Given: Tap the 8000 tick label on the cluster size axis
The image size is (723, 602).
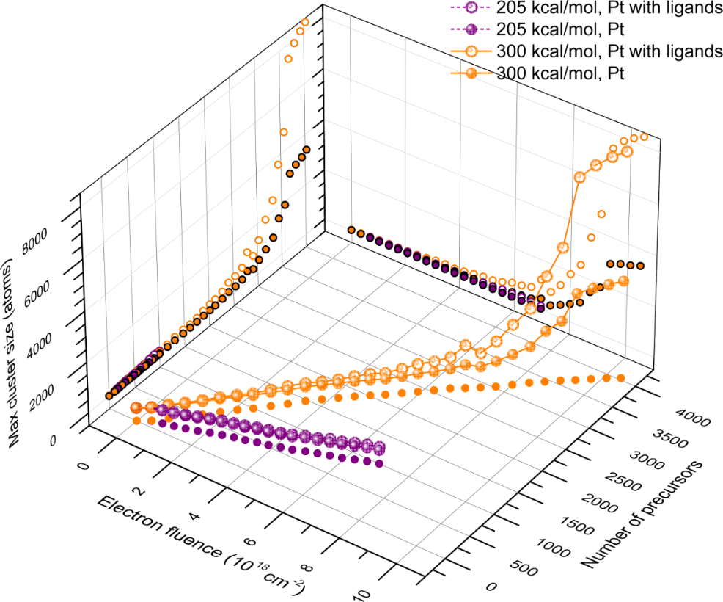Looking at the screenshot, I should (x=34, y=240).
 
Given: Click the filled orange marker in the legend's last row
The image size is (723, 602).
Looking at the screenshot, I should (x=471, y=73).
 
